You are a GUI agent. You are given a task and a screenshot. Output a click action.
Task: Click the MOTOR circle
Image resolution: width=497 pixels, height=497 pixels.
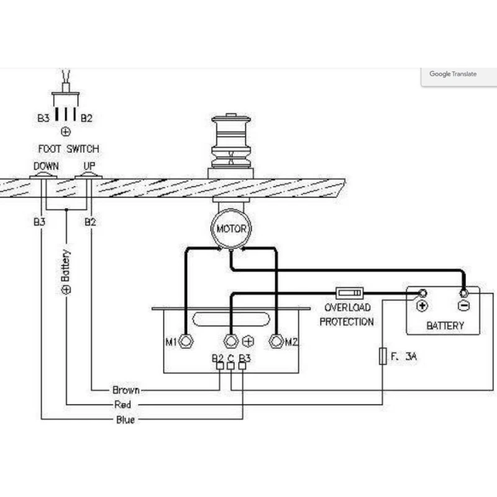click(x=231, y=229)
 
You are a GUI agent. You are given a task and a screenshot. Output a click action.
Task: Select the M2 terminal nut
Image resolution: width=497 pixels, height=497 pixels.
click(x=276, y=341)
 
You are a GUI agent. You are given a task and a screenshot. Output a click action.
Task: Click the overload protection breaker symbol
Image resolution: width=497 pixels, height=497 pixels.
click(x=350, y=293)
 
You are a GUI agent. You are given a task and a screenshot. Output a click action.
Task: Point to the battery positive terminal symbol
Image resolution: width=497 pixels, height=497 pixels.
click(x=422, y=306)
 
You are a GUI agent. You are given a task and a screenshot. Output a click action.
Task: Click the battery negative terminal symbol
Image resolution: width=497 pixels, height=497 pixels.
click(x=463, y=306)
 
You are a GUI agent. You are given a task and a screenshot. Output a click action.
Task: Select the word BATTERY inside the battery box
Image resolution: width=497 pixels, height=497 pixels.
click(x=445, y=325)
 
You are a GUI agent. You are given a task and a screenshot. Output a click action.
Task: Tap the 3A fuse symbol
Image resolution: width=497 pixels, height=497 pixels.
click(x=383, y=357)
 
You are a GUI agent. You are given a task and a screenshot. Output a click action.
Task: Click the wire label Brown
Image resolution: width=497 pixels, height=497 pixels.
click(x=126, y=390)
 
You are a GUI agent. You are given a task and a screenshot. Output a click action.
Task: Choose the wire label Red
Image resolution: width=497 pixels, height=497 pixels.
click(x=123, y=405)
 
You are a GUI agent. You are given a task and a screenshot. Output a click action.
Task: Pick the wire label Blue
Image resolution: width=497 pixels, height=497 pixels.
click(x=125, y=420)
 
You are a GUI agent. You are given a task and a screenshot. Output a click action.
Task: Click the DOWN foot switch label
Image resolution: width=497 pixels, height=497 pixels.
click(x=46, y=166)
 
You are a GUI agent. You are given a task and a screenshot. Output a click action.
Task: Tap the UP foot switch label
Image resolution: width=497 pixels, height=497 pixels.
click(x=89, y=166)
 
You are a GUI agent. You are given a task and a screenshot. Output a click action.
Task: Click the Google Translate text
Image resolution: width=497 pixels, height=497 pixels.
click(x=453, y=74)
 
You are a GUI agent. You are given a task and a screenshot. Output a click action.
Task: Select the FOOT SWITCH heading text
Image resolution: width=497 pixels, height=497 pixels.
click(x=68, y=149)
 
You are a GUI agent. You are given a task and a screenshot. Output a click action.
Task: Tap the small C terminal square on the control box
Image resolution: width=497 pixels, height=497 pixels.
click(x=230, y=366)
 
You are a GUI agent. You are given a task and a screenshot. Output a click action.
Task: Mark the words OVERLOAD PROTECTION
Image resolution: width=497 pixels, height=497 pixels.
click(x=346, y=314)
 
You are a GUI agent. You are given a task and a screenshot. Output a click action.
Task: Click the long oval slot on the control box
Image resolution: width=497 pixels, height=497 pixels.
click(x=230, y=319)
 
